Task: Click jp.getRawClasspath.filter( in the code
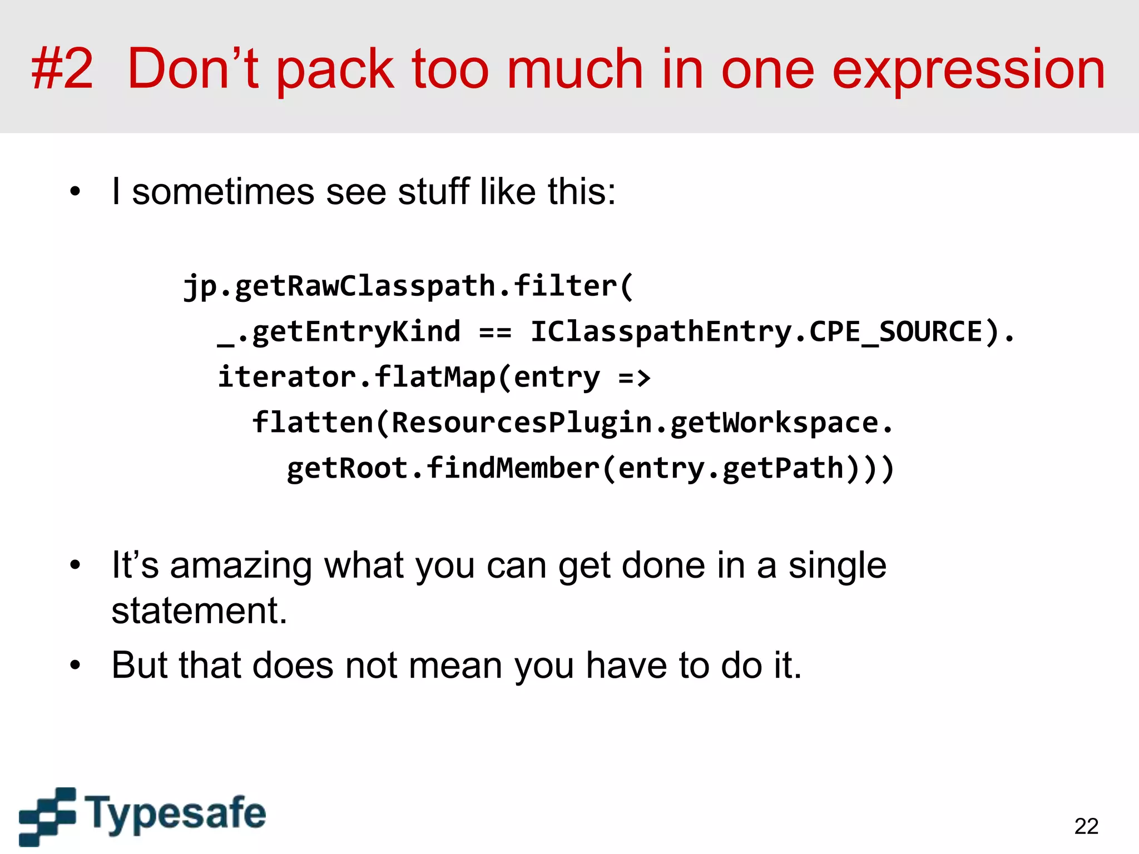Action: [x=408, y=286]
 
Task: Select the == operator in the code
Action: [x=495, y=332]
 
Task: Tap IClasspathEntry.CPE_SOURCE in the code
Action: [x=756, y=332]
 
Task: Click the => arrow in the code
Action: [x=634, y=378]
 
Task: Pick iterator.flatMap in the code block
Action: [x=356, y=377]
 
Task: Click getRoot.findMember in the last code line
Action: [x=442, y=468]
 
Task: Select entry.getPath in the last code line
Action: [x=731, y=468]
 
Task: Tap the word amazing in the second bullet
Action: [x=240, y=565]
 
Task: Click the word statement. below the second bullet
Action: [x=199, y=610]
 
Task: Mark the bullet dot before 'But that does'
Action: [x=75, y=665]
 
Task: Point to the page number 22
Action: [x=1086, y=826]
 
